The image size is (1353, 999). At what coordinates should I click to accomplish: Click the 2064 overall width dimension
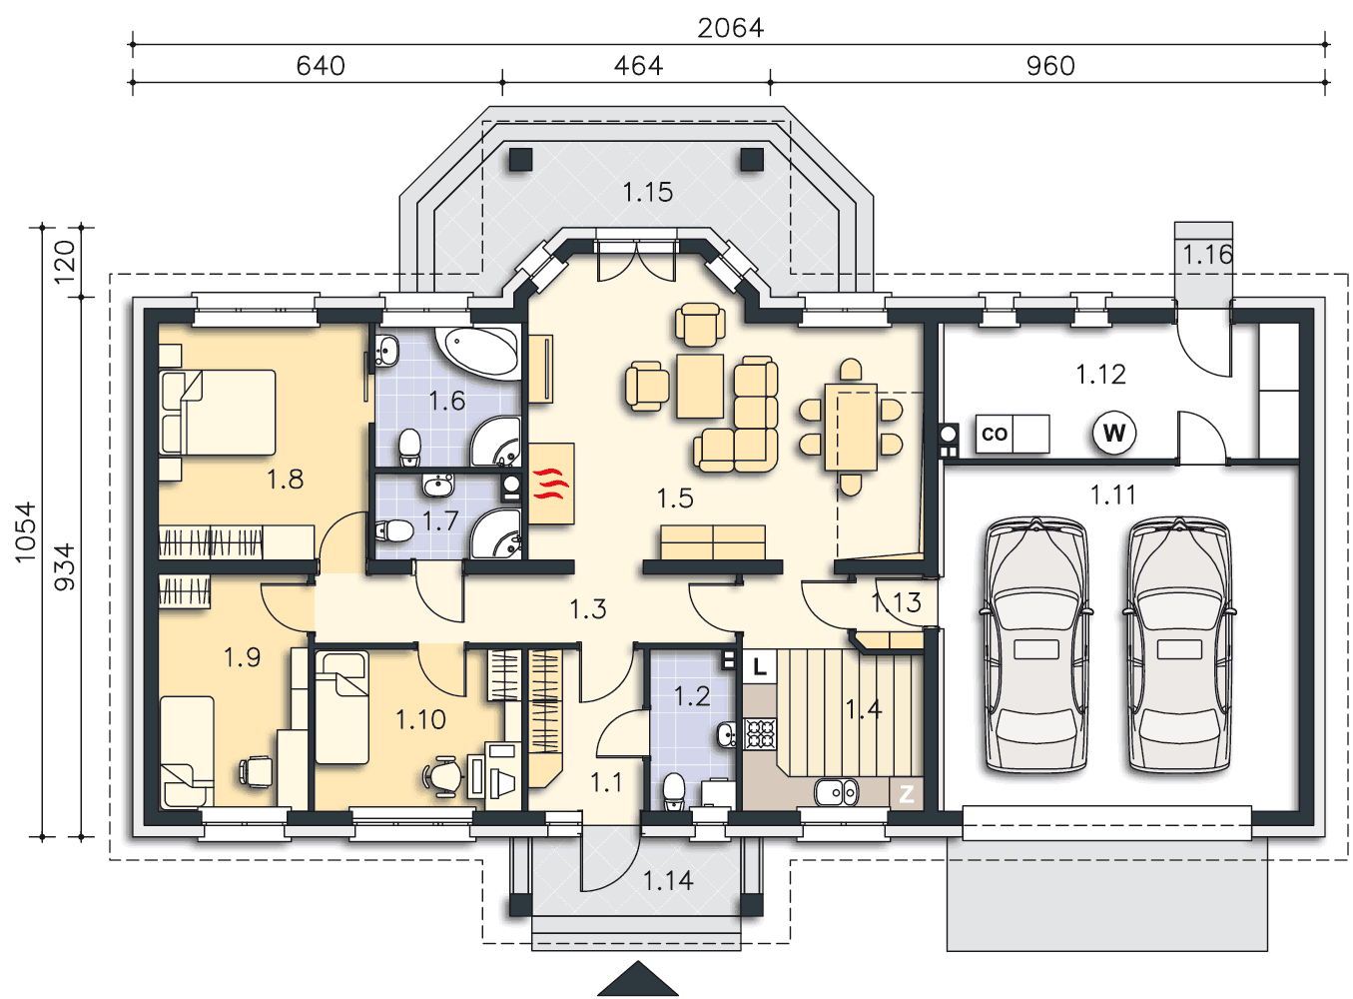(x=730, y=28)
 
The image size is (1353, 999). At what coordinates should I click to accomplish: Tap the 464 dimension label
(x=638, y=66)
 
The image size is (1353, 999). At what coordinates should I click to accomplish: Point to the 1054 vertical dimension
(x=26, y=531)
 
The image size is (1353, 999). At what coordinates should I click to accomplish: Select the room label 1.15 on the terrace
(x=647, y=192)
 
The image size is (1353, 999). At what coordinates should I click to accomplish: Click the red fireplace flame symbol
(x=551, y=484)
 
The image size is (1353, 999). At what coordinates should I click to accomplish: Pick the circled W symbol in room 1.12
(x=1114, y=433)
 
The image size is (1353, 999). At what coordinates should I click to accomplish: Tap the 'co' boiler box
(x=995, y=434)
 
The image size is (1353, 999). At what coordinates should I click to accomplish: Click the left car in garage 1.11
(x=1035, y=644)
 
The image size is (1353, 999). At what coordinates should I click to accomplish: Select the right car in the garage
(x=1178, y=644)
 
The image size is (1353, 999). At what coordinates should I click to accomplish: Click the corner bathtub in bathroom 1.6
(x=477, y=351)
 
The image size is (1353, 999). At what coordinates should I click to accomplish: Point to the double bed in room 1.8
(x=217, y=413)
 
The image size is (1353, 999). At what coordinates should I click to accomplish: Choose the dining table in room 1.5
(x=851, y=428)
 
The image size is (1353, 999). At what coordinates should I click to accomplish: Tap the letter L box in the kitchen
(x=760, y=666)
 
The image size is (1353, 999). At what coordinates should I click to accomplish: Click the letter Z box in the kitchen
(x=906, y=793)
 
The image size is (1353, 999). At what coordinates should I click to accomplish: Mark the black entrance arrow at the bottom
(x=637, y=978)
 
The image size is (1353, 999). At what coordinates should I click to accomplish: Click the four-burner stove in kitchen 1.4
(x=760, y=734)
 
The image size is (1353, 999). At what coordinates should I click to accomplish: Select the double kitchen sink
(x=836, y=793)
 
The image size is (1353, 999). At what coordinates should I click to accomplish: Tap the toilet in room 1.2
(x=673, y=791)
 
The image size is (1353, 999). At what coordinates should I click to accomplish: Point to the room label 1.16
(x=1207, y=255)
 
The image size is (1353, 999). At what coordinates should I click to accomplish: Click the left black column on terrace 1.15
(x=520, y=159)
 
